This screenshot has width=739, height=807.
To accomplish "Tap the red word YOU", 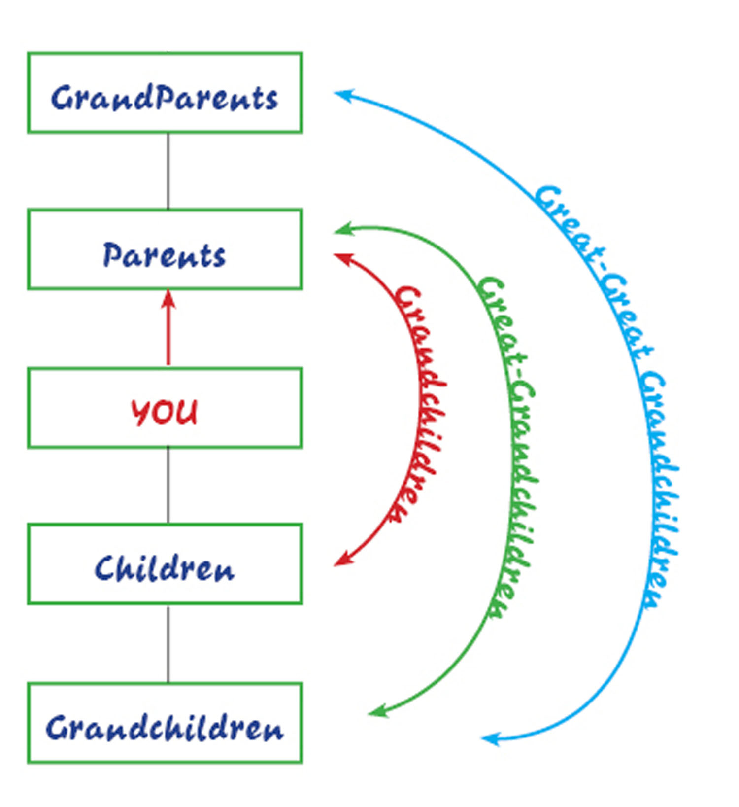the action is pos(165,412).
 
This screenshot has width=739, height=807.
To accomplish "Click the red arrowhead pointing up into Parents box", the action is pos(168,299).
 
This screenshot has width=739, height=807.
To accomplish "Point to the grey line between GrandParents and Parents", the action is pos(168,171).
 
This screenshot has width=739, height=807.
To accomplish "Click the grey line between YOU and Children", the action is pos(168,486).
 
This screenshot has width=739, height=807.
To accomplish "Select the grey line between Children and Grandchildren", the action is pos(168,644).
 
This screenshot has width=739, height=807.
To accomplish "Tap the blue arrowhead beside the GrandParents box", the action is pos(343,95).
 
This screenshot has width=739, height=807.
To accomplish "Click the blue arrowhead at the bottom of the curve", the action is pos(490,738).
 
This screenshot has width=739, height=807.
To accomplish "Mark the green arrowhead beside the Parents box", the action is pos(343,229).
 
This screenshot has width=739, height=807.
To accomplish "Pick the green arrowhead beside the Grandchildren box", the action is pos(378,711).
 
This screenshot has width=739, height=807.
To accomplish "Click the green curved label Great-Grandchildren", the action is pos(507,446).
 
